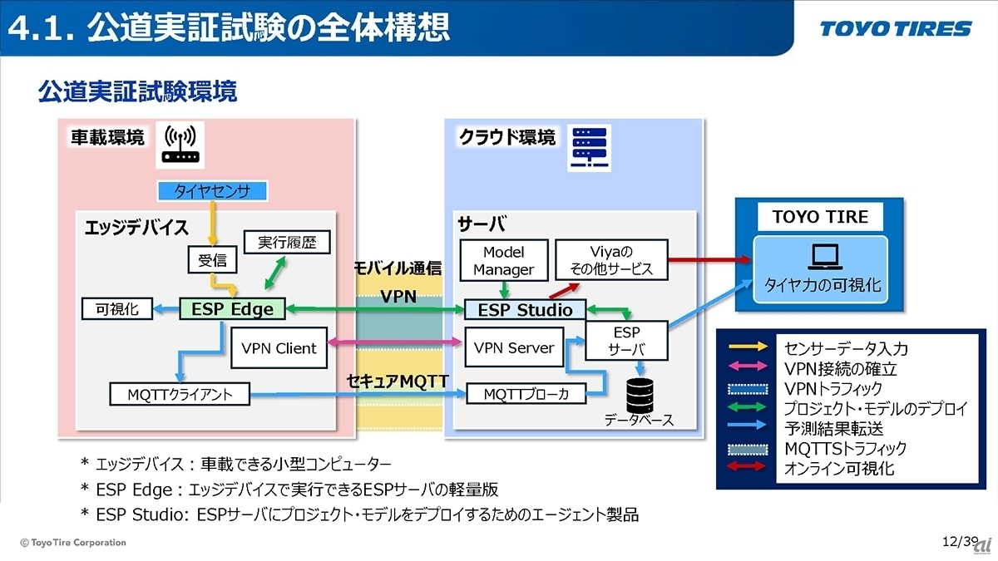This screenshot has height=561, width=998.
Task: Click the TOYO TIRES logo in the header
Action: [x=895, y=29]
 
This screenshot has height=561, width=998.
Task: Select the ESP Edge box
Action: [x=232, y=309]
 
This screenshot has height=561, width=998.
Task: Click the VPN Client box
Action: [x=279, y=348]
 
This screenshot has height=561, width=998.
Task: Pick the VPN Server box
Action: [x=512, y=348]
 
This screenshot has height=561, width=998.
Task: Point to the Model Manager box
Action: [x=503, y=260]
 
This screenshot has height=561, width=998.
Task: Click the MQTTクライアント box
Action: [x=180, y=394]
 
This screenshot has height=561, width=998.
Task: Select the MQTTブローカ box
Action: [x=526, y=394]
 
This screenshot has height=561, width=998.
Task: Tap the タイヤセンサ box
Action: [x=211, y=192]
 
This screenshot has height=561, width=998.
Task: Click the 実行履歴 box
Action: [x=287, y=242]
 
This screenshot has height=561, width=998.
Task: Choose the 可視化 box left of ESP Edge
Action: [x=117, y=309]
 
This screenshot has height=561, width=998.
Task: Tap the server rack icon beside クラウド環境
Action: [x=588, y=148]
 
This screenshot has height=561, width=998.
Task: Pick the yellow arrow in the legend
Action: [x=748, y=348]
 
